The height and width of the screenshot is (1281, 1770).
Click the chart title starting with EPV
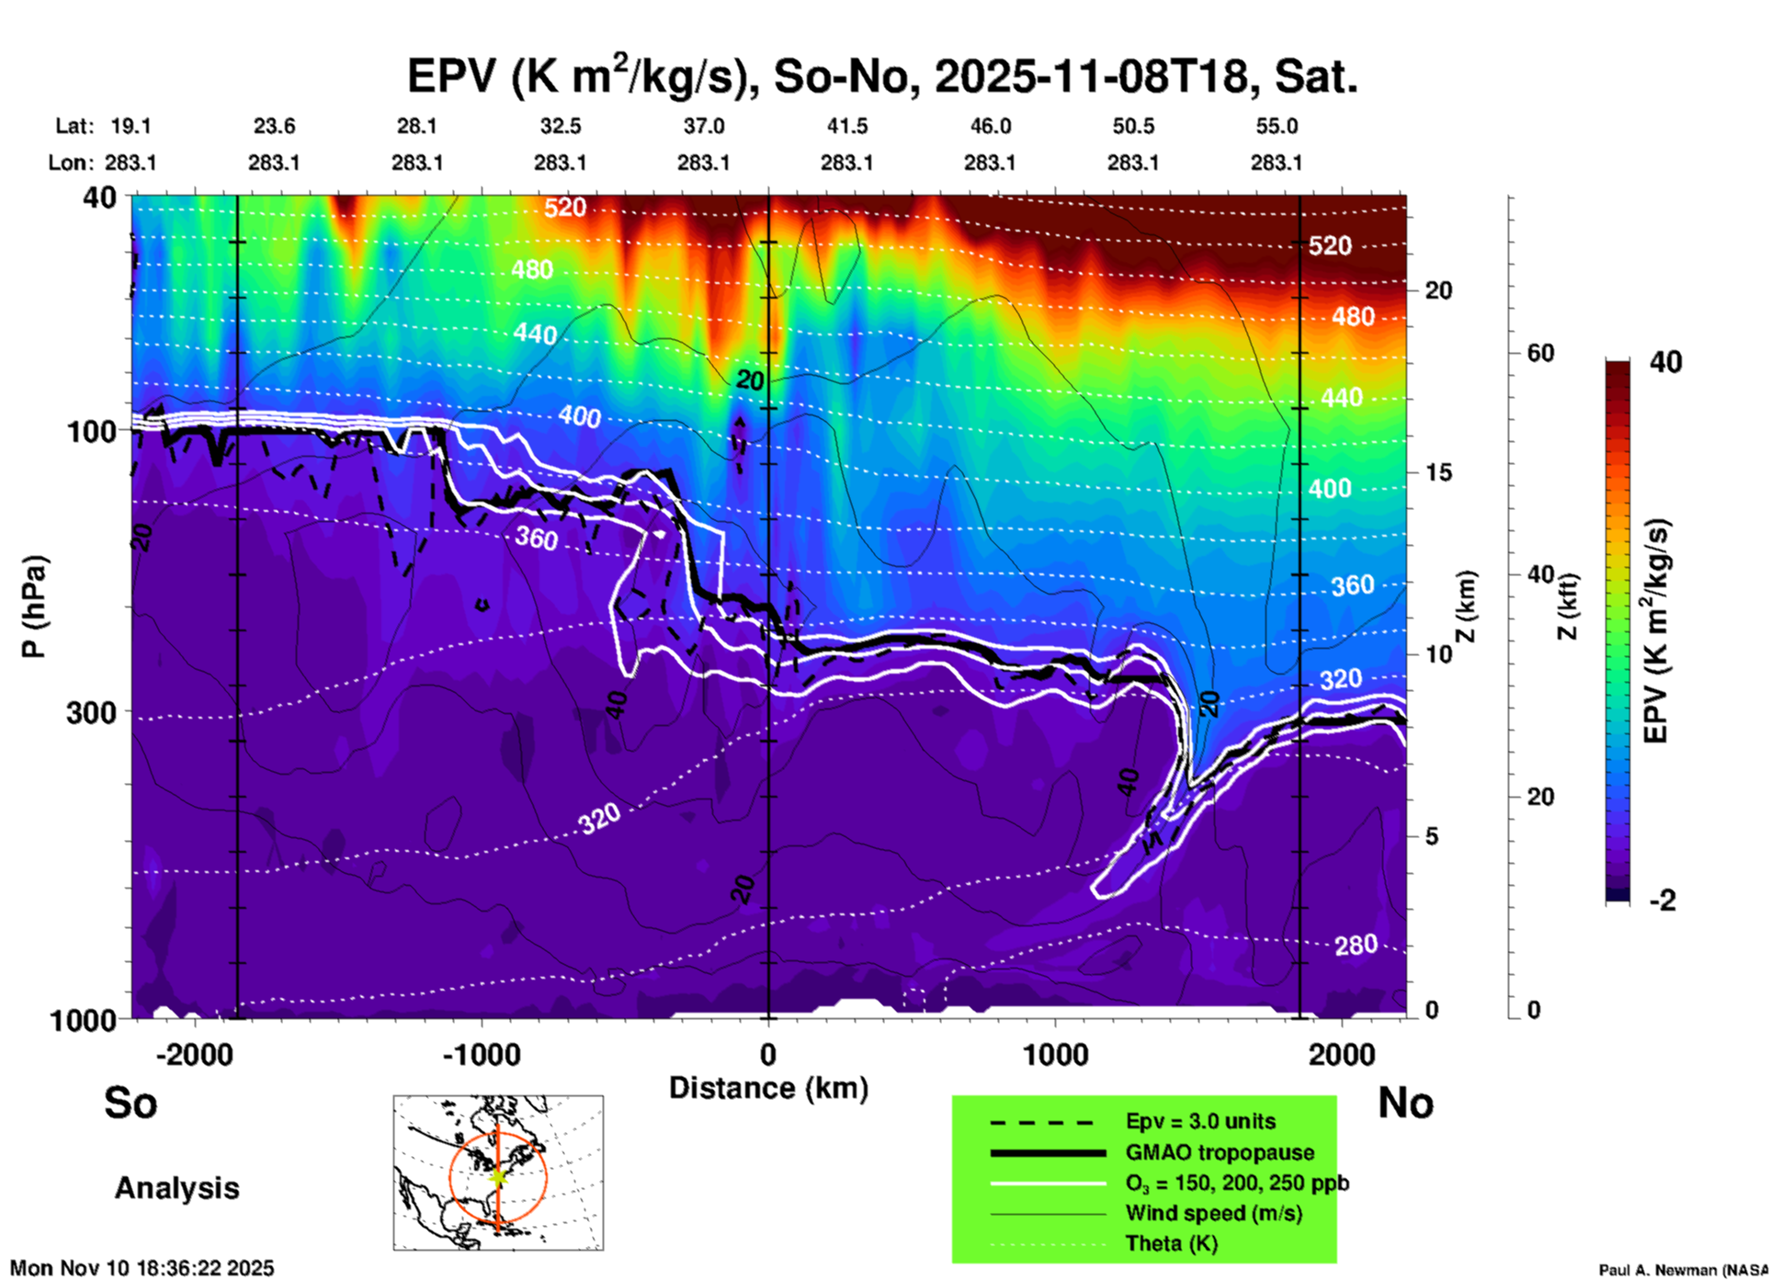point(882,77)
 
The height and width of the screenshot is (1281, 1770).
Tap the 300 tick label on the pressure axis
point(91,712)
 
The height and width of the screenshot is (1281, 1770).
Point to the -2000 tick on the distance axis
point(194,1054)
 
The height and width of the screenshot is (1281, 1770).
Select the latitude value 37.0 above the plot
point(703,126)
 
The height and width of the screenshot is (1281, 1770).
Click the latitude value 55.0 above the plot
point(1276,126)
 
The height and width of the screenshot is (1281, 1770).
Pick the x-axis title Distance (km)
point(768,1088)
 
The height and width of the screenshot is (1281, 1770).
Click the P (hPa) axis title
point(34,606)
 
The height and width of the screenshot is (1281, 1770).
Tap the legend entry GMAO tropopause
point(1220,1152)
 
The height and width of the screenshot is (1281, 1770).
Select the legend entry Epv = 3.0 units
point(1200,1121)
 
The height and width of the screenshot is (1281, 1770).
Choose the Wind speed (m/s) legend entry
point(1213,1213)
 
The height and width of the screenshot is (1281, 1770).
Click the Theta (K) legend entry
point(1171,1243)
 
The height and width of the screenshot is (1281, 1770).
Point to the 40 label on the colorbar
point(1665,362)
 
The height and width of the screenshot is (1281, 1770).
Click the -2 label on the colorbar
point(1662,901)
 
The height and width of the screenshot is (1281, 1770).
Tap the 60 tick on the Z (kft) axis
point(1540,353)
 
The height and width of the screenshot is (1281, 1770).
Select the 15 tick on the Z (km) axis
point(1438,472)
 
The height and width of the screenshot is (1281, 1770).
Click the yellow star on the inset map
point(497,1175)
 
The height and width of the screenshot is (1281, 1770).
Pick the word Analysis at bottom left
point(176,1188)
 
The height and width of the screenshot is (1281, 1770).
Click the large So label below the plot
point(130,1103)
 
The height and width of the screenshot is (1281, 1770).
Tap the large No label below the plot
point(1405,1103)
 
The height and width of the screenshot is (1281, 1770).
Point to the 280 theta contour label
point(1356,944)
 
